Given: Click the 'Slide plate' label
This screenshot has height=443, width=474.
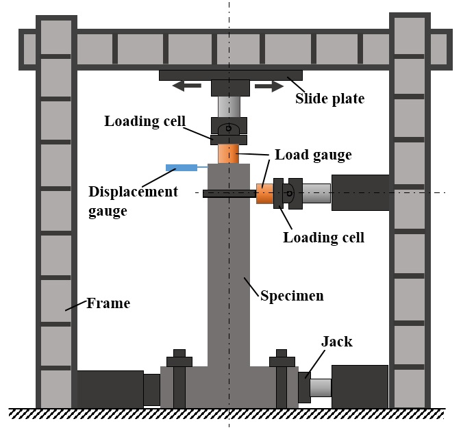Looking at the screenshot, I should point(329,99).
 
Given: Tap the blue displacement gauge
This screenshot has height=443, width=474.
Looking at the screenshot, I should point(182,167).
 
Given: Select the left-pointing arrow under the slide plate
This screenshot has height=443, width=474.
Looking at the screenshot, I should point(186,86).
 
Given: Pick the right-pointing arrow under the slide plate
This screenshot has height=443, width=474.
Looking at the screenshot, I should point(269,86).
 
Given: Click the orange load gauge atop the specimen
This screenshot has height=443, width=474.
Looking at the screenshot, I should point(229,153).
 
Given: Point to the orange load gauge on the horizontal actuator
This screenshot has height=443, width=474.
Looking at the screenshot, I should point(264,194).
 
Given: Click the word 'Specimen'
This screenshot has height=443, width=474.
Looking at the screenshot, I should point(292,296).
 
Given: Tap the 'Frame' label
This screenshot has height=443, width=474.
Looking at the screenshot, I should point(108,303).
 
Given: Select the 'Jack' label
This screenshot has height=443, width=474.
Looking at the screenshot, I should point(336,341).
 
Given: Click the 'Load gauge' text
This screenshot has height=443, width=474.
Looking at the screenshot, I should point(313,155).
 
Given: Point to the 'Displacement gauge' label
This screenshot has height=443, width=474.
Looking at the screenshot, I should point(133,201).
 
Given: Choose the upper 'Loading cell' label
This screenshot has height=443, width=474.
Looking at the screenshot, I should point(145,121).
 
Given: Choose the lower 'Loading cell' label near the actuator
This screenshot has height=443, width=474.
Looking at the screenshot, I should point(323,238).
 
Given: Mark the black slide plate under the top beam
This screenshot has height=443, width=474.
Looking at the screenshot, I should point(230,75).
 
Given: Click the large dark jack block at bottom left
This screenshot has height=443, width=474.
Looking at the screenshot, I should point(110,389).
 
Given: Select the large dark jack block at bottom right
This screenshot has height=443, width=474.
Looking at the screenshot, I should point(360,387).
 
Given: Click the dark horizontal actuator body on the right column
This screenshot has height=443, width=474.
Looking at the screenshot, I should point(360,192).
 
